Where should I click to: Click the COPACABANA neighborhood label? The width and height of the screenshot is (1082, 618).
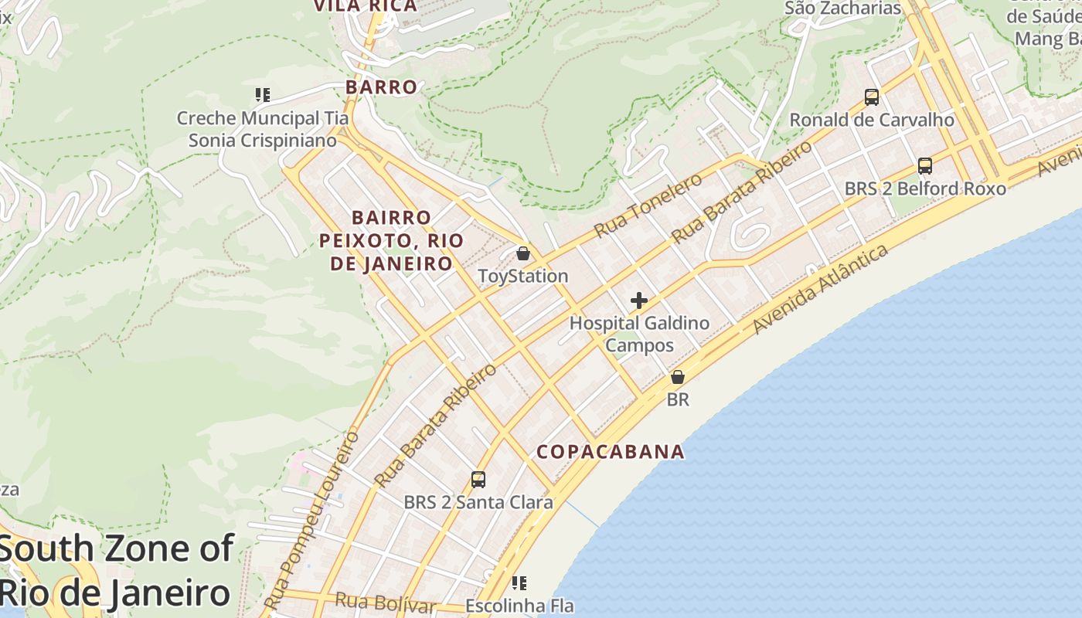[611, 452]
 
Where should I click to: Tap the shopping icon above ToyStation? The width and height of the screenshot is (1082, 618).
[523, 253]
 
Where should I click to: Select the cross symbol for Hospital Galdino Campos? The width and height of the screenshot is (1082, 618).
[639, 301]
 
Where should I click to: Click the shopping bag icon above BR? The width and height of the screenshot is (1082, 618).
[678, 377]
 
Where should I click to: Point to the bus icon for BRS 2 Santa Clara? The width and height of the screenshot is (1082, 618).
[478, 480]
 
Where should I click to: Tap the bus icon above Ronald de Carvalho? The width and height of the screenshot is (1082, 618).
[872, 97]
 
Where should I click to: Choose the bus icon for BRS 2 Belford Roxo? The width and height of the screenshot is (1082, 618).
[925, 166]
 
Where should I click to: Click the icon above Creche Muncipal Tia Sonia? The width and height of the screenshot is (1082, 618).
[262, 95]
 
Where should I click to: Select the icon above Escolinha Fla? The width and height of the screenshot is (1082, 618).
[519, 582]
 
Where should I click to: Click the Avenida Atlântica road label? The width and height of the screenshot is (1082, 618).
[821, 290]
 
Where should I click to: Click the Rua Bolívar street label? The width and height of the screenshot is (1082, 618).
[386, 603]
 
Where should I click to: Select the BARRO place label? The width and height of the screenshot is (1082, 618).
[381, 87]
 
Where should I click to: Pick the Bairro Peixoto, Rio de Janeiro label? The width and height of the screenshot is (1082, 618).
[392, 240]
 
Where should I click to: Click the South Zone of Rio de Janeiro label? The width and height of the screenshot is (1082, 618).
[116, 571]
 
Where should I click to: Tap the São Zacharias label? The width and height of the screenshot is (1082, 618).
[842, 8]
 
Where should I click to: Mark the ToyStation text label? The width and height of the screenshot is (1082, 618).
[523, 276]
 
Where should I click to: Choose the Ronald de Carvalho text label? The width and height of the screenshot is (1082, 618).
[872, 121]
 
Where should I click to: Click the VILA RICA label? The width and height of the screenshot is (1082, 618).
[365, 6]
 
